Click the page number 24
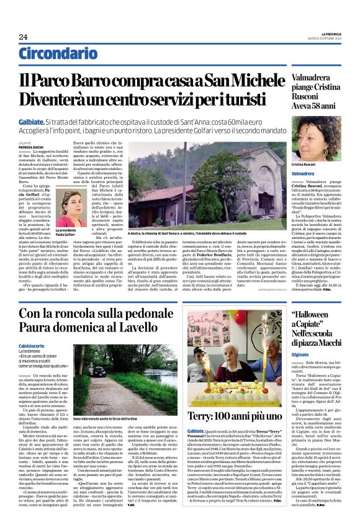click(23, 37)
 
